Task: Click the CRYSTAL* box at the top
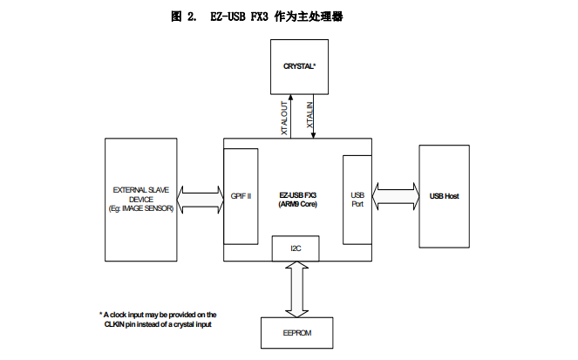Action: [298, 66]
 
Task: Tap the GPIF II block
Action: [241, 196]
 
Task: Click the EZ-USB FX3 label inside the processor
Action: [298, 194]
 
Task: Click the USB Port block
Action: [357, 200]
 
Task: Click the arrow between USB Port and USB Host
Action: [396, 195]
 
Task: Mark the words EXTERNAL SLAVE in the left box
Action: [140, 188]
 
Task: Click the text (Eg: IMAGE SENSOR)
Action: [140, 208]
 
